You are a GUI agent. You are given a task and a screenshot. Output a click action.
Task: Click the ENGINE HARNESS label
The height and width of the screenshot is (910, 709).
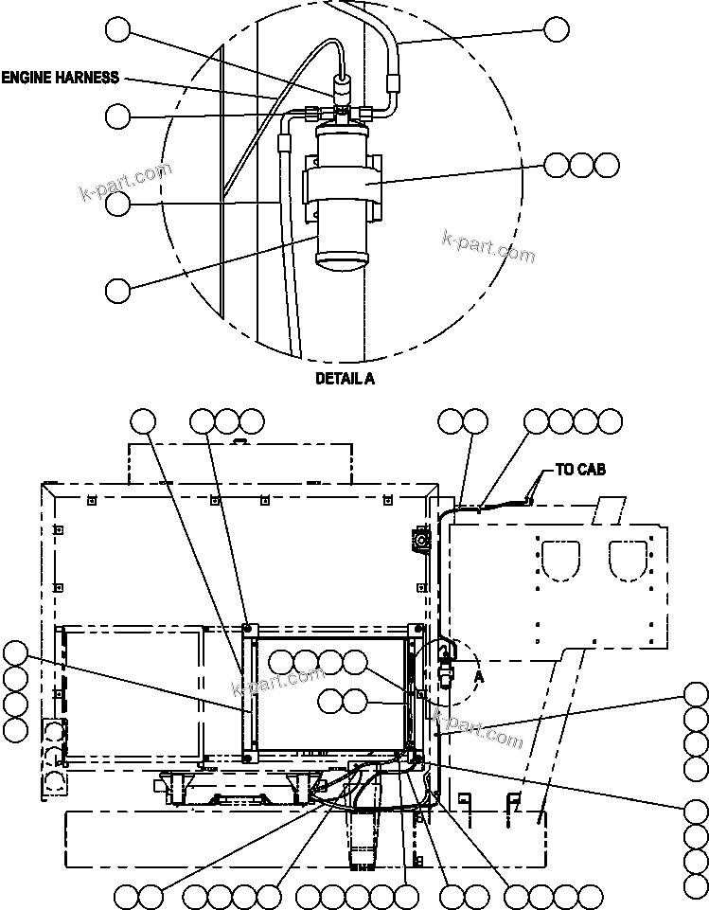61,78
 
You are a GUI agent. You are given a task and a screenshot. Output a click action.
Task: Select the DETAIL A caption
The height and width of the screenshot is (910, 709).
345,378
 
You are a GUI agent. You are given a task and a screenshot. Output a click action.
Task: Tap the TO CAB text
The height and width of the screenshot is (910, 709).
579,470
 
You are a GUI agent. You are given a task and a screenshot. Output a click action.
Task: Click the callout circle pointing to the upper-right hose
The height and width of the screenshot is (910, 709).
557,29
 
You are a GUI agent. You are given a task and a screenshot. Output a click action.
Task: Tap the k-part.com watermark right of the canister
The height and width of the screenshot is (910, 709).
488,248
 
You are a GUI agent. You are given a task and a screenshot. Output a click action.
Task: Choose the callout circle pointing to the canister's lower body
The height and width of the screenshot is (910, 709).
117,290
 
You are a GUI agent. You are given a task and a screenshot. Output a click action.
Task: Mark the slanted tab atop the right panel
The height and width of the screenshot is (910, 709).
612,511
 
